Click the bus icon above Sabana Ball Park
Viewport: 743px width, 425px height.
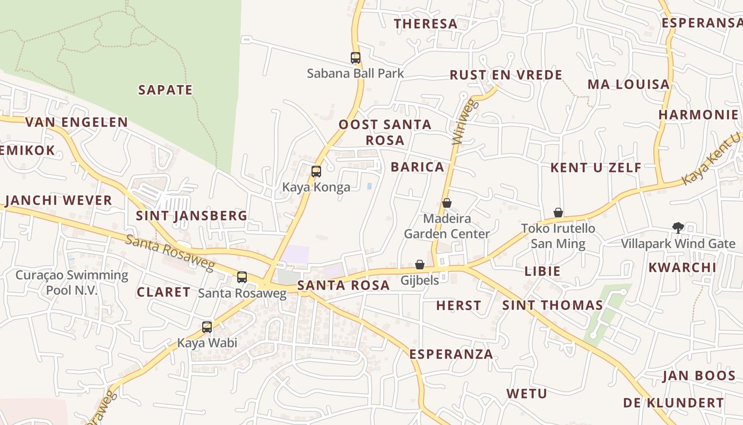(x=356, y=58)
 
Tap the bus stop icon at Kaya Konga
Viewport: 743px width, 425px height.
(x=316, y=172)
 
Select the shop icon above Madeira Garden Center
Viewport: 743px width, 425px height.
(x=447, y=203)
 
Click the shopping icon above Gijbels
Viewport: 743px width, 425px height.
(x=420, y=264)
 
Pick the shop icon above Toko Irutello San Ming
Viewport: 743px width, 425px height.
(x=558, y=212)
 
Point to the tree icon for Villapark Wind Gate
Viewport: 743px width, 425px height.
(x=678, y=228)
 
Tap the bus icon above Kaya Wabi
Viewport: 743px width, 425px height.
(x=207, y=327)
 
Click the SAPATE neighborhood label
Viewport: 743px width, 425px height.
(x=166, y=90)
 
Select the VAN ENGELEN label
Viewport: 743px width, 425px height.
(x=77, y=122)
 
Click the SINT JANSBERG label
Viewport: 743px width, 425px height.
(x=192, y=215)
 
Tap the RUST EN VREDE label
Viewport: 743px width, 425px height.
(x=506, y=75)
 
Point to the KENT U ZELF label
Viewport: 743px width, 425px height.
(x=596, y=168)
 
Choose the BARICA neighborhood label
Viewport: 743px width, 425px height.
(x=418, y=167)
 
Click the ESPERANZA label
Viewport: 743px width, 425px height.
(x=452, y=354)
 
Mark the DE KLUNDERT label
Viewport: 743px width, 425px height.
(x=673, y=403)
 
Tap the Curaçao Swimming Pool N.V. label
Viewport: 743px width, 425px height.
(x=72, y=282)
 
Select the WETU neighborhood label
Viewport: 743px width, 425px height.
(x=526, y=394)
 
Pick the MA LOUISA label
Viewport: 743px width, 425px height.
(x=628, y=84)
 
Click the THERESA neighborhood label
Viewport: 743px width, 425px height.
(x=426, y=23)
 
